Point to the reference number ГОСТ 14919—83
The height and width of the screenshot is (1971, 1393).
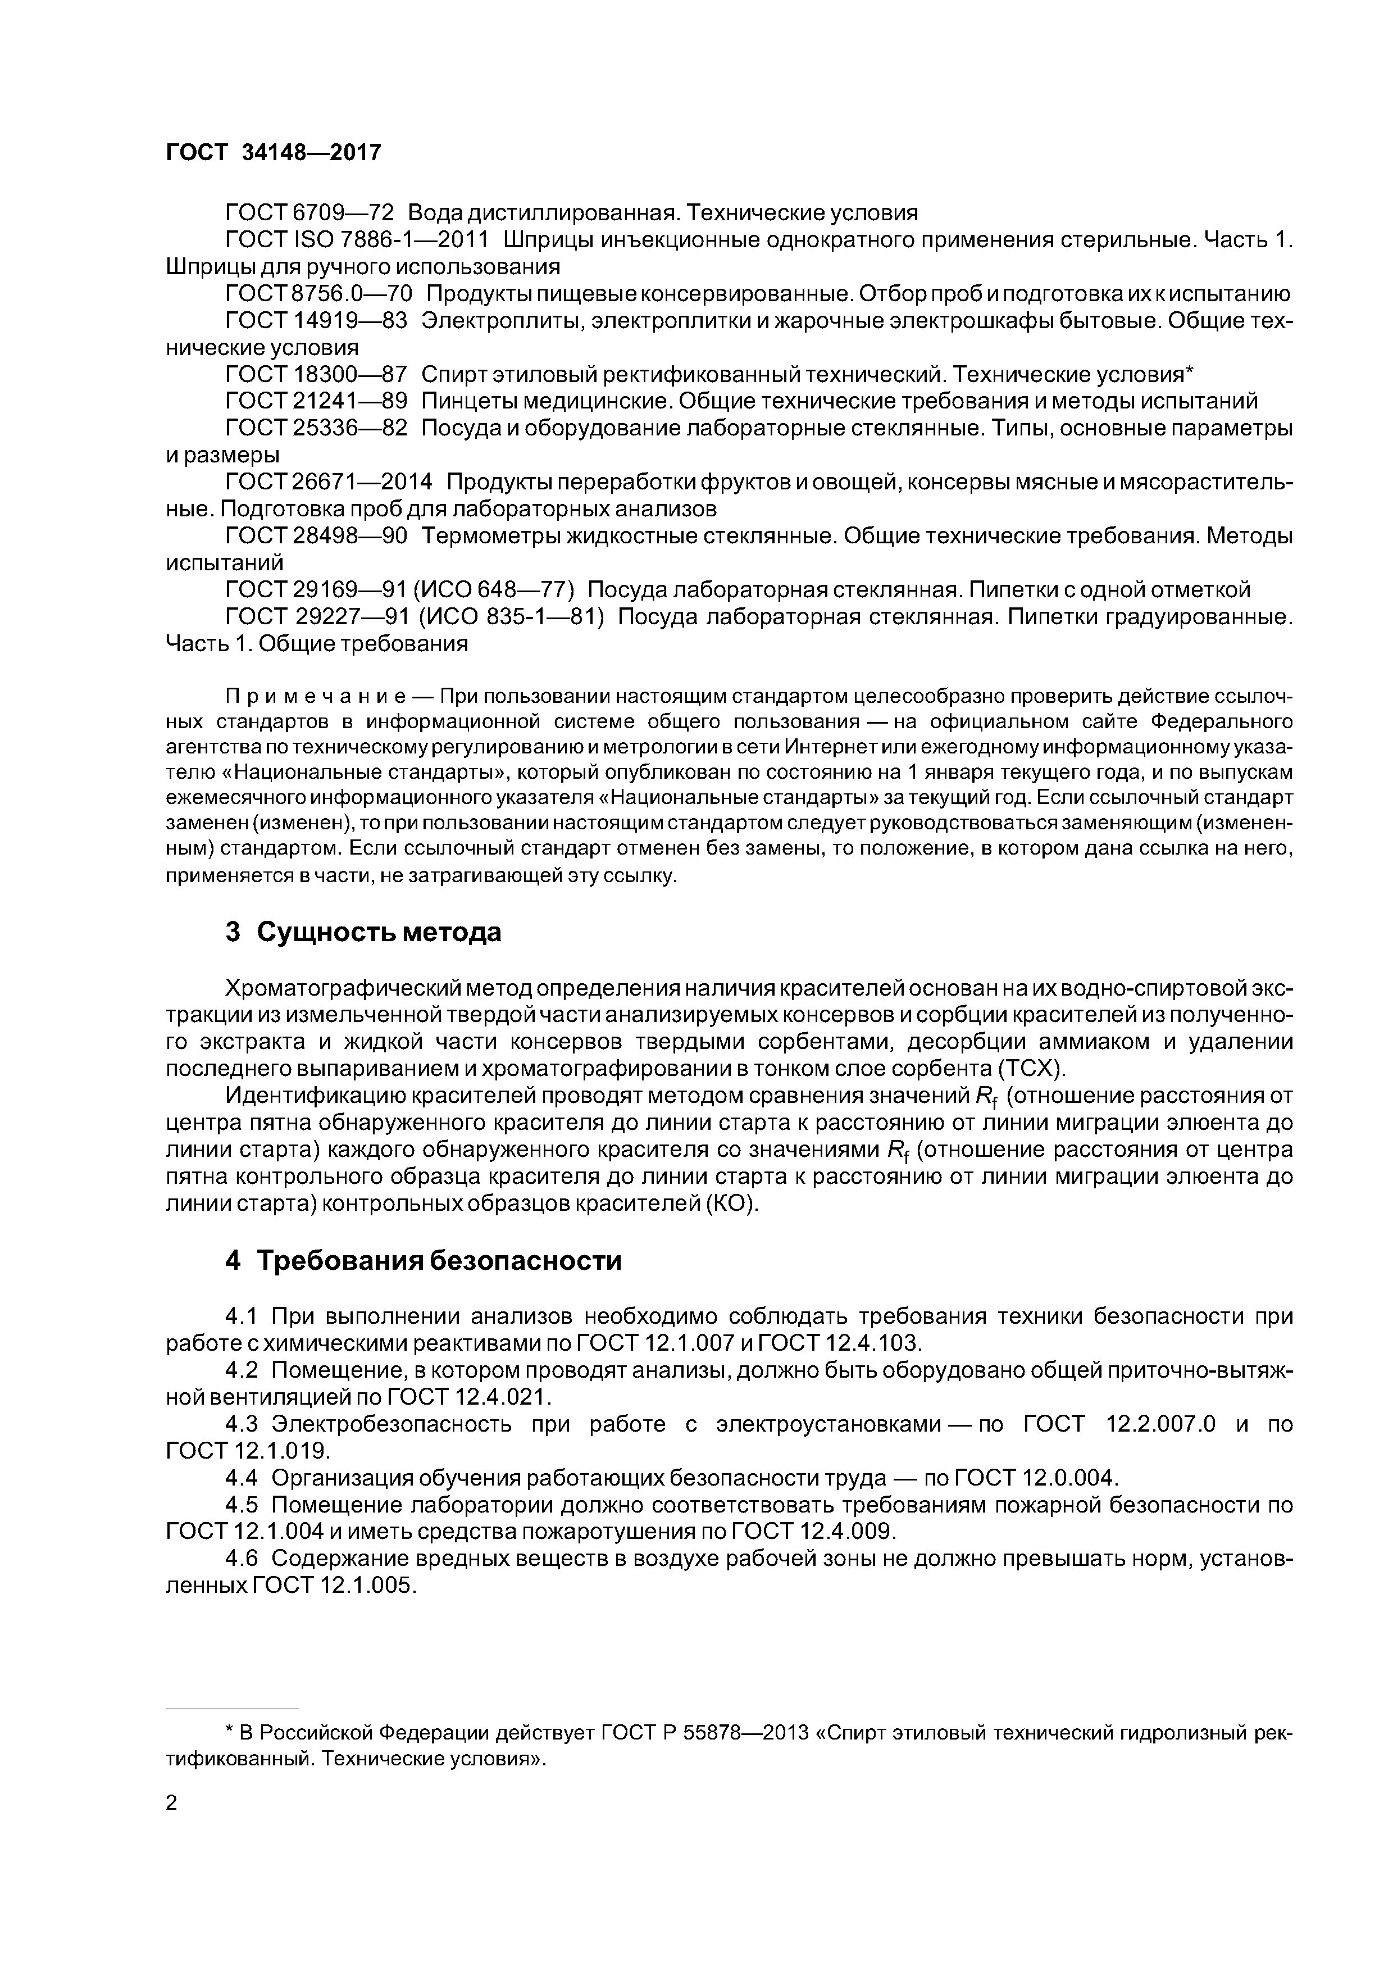316,320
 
